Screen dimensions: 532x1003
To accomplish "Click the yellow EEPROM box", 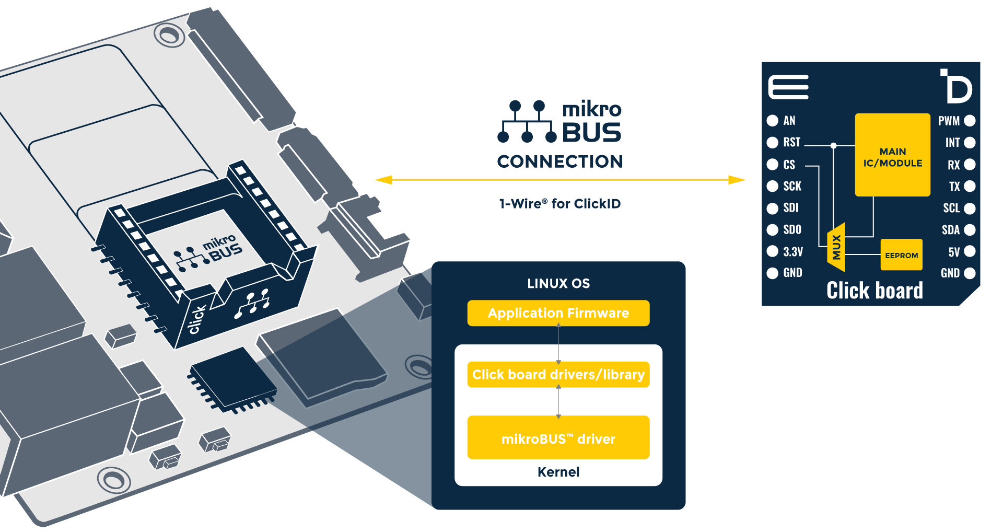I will [x=901, y=255].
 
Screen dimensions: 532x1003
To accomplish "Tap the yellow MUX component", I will [x=836, y=247].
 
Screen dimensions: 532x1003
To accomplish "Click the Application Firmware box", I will [x=558, y=313].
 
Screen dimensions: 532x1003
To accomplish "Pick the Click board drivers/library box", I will [x=558, y=375].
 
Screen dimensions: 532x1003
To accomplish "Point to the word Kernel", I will [x=558, y=472].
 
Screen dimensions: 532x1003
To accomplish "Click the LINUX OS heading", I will [x=558, y=284].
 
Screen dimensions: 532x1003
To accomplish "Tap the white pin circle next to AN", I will [x=772, y=121].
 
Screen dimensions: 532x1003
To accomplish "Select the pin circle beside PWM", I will [x=970, y=121].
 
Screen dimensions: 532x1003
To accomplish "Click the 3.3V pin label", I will [x=792, y=251].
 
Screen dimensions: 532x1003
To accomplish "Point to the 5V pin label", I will [x=954, y=252].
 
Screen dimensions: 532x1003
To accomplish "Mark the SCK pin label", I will [x=792, y=186].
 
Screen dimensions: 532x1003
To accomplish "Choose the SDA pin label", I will [x=950, y=230].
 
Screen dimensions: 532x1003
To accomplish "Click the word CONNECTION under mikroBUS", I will [x=559, y=161].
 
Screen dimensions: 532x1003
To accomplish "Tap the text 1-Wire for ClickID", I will [x=559, y=204].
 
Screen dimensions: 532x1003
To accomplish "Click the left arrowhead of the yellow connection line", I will [x=383, y=180].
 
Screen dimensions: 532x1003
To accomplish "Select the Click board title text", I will [x=874, y=291].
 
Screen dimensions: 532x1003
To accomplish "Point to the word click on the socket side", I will [x=197, y=319].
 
